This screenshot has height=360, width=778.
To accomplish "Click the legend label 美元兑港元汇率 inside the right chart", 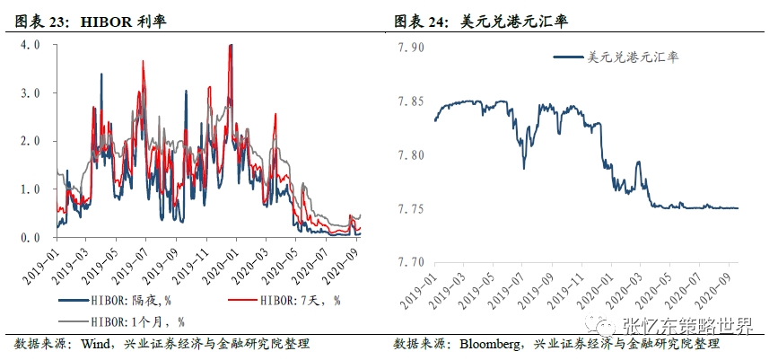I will (x=632, y=57).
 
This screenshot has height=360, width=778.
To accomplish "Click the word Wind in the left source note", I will (x=96, y=344).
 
